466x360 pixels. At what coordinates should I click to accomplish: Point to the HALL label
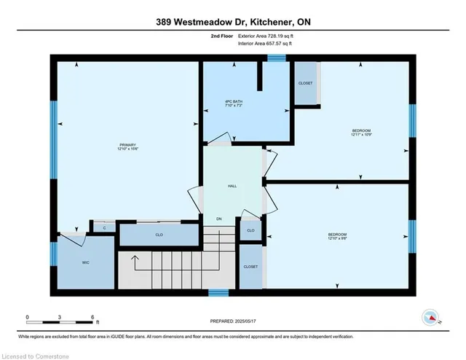point(232,186)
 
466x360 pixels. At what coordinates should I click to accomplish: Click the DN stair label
point(218,219)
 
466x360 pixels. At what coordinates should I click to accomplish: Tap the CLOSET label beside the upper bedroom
point(305,83)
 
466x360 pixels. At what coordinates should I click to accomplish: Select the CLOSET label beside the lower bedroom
point(250,267)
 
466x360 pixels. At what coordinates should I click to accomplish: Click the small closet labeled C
point(104,228)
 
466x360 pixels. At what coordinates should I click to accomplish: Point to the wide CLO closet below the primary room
point(158,235)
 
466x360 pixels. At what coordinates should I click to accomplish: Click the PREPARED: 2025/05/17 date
point(233,320)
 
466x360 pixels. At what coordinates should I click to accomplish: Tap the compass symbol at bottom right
point(430,317)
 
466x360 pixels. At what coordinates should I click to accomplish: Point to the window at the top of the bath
point(275,58)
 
